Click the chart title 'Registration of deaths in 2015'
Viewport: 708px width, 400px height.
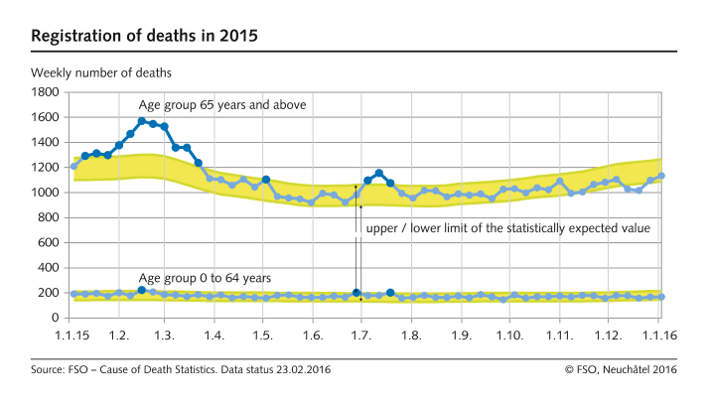(x=145, y=37)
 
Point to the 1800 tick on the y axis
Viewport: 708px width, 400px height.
(x=46, y=92)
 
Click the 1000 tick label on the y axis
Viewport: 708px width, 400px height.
(x=46, y=193)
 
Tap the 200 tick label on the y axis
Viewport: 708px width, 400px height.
(x=50, y=293)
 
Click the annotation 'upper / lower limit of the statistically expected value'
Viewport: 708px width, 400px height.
(x=507, y=227)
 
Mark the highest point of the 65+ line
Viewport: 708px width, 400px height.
(x=142, y=121)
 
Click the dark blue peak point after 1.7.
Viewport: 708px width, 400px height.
(x=379, y=173)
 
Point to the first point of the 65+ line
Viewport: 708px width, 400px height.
(x=73, y=166)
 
